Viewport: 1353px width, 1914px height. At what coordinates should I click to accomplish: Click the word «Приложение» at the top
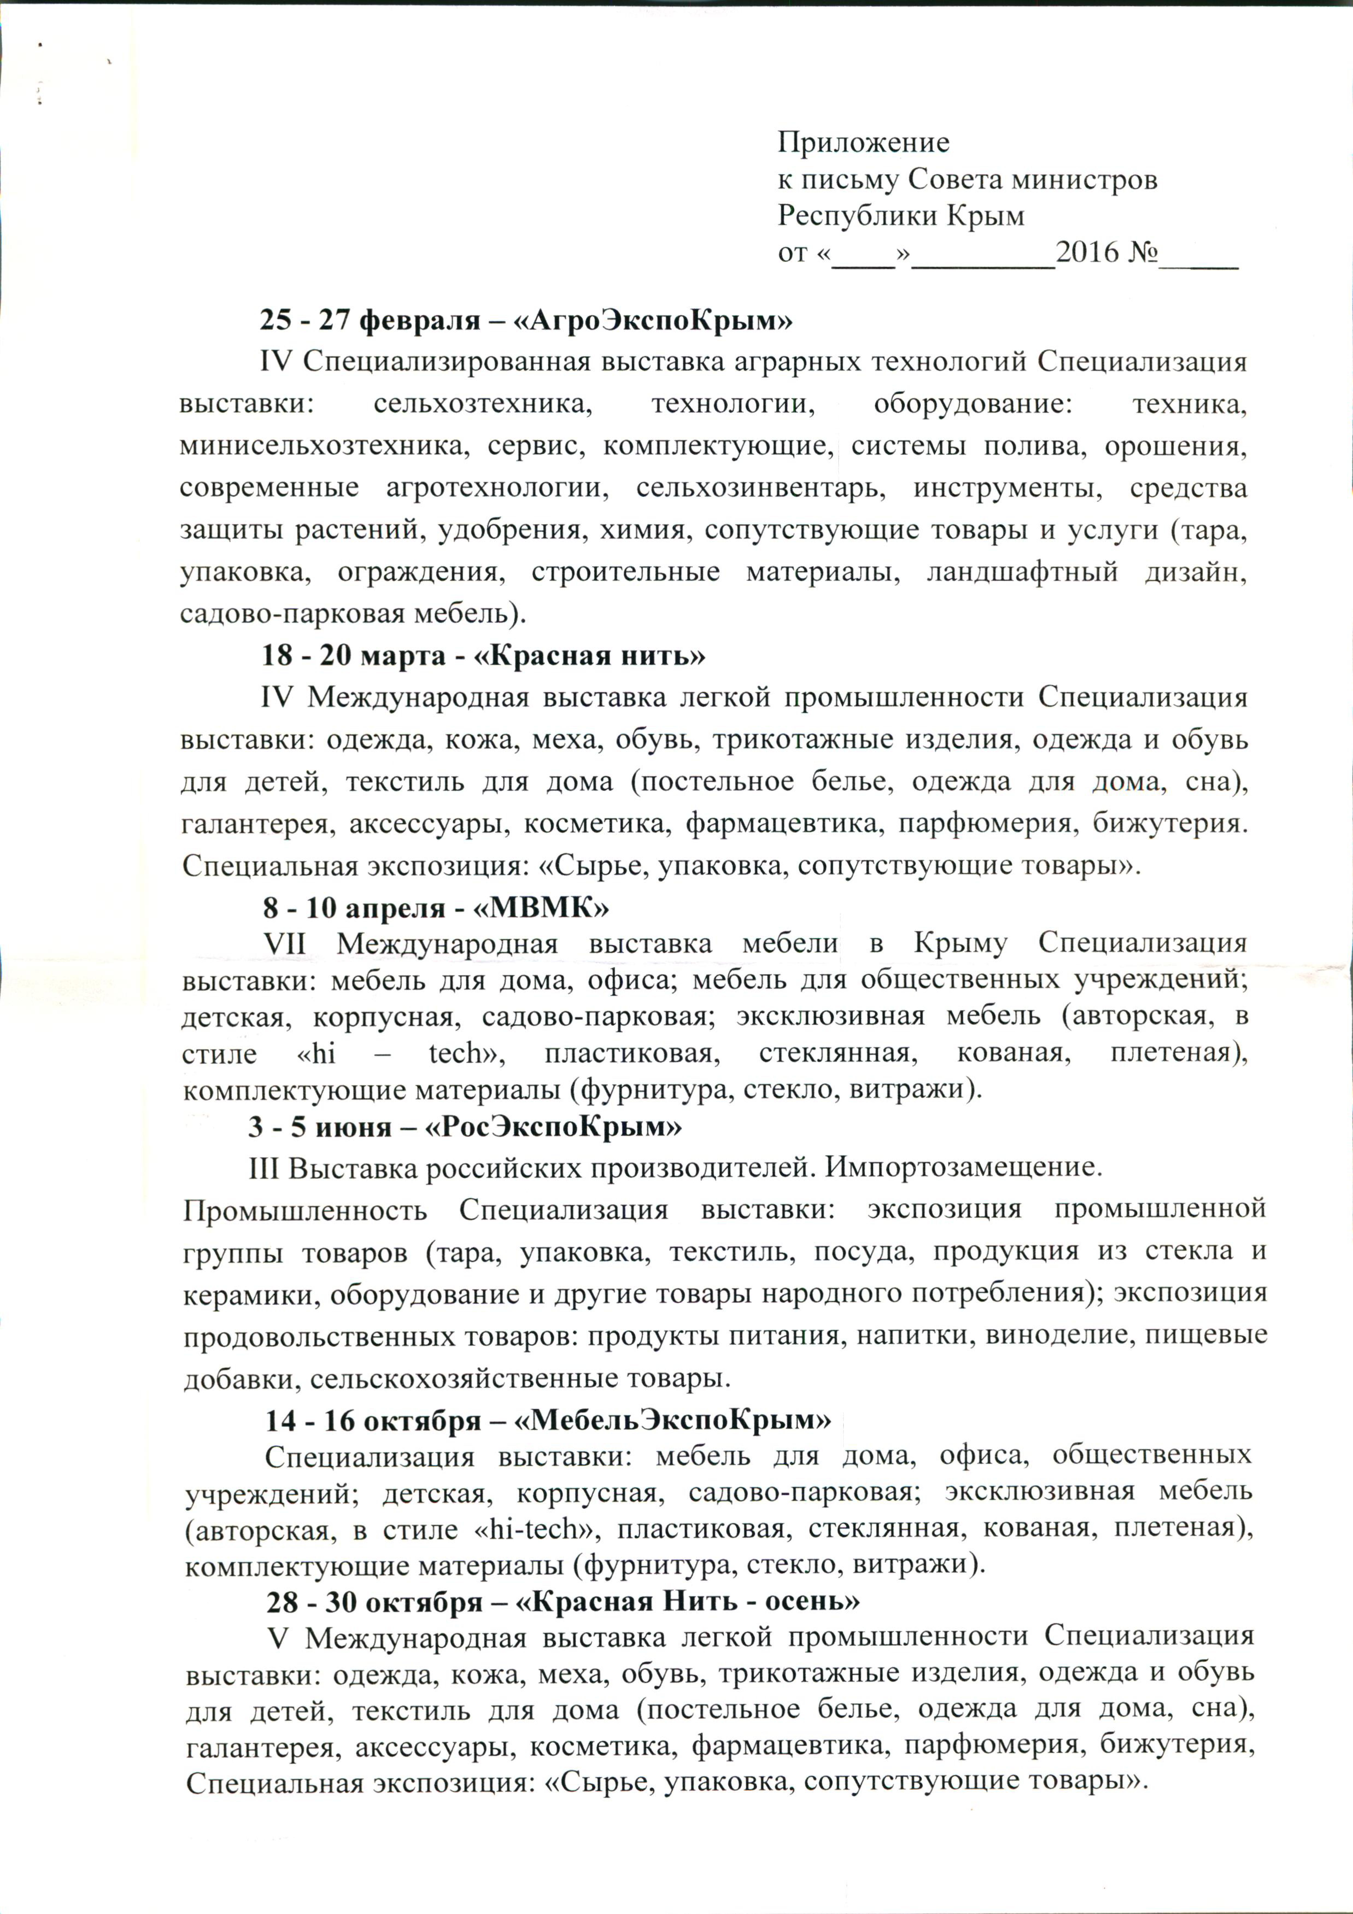click(863, 143)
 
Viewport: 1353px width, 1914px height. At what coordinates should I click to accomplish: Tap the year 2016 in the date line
click(1088, 252)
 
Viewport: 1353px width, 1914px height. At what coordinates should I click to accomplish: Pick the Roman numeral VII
click(286, 944)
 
